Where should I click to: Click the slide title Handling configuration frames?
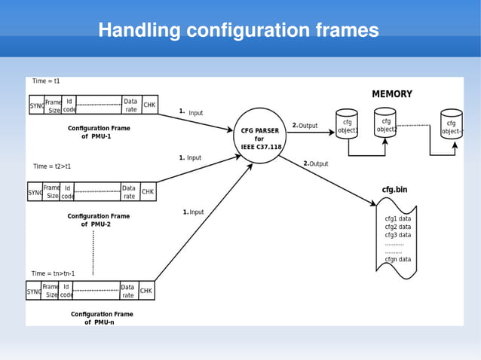[238, 31]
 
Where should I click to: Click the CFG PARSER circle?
[260, 136]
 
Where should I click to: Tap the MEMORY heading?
[391, 94]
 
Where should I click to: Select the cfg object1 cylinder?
[347, 125]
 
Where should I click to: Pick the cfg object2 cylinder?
[386, 124]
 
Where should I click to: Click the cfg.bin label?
[395, 190]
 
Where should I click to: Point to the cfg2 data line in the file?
[397, 227]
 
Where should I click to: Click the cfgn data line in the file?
[397, 259]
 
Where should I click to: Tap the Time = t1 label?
[46, 81]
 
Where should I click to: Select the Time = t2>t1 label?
[52, 166]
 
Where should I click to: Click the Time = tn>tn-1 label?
[53, 273]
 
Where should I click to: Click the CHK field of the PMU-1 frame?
[149, 105]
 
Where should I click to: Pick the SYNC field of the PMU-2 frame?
[35, 192]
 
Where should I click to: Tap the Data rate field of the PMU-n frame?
[127, 291]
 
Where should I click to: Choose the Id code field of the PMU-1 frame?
[69, 105]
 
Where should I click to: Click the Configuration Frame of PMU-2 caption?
[98, 220]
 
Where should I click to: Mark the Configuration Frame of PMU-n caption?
[102, 318]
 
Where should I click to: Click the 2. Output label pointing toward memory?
[305, 126]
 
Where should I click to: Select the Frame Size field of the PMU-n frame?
[51, 291]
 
